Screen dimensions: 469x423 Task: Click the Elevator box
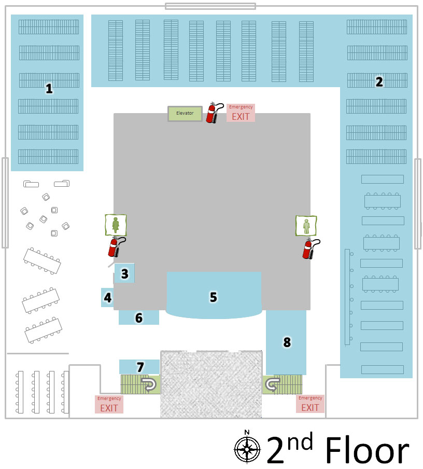tap(185, 113)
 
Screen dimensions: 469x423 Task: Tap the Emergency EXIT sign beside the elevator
tap(241, 113)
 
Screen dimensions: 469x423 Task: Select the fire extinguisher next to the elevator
tap(213, 113)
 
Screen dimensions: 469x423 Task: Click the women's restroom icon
tap(115, 225)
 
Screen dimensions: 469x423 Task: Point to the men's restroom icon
tap(306, 226)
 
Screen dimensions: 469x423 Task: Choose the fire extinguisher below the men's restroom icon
tap(309, 249)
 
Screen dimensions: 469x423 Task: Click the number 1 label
tap(49, 89)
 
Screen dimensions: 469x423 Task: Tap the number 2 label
tap(379, 81)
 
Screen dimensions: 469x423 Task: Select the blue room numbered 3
tap(124, 273)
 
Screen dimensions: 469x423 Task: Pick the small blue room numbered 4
tap(107, 298)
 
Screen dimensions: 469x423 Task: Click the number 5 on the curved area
tap(213, 297)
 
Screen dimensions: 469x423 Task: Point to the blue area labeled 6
tap(138, 318)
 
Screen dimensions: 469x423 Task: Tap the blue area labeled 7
tap(139, 367)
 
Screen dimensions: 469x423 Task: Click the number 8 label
tap(287, 342)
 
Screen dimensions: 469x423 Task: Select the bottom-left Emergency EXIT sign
tap(109, 404)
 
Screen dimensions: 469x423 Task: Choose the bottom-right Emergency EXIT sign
tap(310, 404)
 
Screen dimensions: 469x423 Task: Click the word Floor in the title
tap(367, 450)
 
